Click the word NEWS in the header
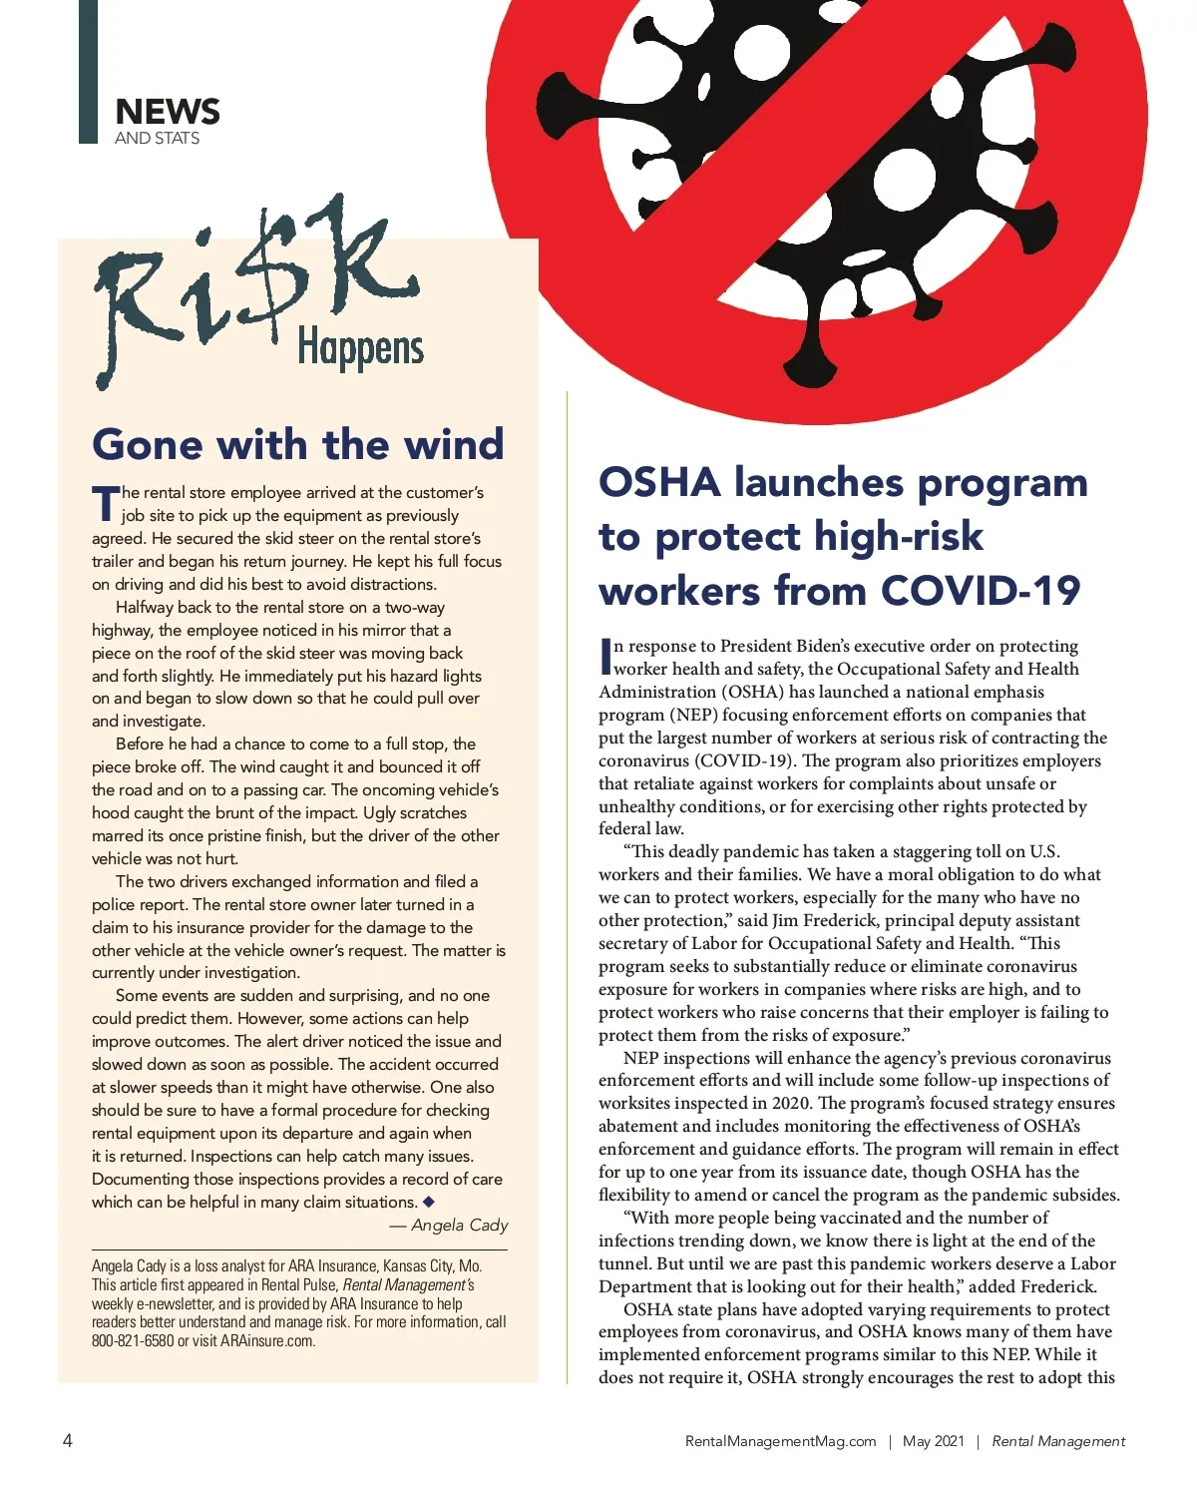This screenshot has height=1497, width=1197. point(167,112)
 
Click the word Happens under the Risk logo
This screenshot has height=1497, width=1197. point(360,348)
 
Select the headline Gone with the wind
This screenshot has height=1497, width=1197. point(297,444)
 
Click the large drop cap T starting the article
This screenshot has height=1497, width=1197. point(105,504)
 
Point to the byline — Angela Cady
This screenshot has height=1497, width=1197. point(449,1225)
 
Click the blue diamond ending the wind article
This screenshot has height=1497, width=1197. point(429,1202)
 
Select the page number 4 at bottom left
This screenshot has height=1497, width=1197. point(68,1440)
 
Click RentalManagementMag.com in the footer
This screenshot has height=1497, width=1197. point(780,1441)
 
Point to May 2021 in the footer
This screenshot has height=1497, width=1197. point(933,1441)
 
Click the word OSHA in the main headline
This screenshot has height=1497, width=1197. point(659,483)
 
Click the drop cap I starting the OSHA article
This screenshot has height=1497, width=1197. point(604,656)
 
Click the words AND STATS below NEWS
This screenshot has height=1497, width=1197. point(157,138)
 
